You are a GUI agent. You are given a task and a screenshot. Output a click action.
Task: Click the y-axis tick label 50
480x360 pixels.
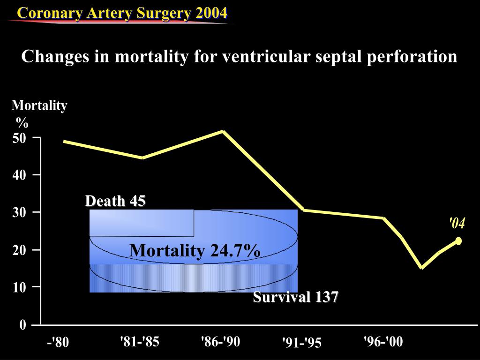(19, 138)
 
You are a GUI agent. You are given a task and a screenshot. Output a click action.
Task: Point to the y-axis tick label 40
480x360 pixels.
(19, 175)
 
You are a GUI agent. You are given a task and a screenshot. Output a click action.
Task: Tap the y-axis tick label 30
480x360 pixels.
(19, 212)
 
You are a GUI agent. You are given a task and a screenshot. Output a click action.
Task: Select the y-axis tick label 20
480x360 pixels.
(19, 250)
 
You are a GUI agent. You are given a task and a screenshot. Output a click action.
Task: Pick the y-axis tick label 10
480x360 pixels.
(19, 287)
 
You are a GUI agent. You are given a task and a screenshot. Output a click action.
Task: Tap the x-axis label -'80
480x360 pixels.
(58, 343)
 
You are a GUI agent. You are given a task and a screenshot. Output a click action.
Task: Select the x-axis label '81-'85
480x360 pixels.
(140, 342)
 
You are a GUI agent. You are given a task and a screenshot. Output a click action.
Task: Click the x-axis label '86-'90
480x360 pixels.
(220, 342)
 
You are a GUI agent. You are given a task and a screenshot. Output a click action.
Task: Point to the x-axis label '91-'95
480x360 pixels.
(302, 343)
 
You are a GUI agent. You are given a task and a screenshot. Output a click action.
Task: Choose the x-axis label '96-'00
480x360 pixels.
(383, 342)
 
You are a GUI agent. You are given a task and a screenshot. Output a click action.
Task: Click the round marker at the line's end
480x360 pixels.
(458, 241)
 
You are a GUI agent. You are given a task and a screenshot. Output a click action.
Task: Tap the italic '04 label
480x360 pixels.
(457, 224)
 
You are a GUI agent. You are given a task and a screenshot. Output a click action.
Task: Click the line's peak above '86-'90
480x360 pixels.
(223, 131)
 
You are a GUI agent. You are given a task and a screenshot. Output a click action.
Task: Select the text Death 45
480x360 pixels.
(115, 201)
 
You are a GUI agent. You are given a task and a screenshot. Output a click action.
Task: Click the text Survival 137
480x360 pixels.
(296, 297)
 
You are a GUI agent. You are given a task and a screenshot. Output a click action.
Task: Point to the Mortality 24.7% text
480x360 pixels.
(195, 250)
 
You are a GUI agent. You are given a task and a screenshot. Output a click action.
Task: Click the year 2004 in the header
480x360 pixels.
(211, 13)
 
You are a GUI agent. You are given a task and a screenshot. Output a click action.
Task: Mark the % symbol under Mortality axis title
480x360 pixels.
(22, 123)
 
